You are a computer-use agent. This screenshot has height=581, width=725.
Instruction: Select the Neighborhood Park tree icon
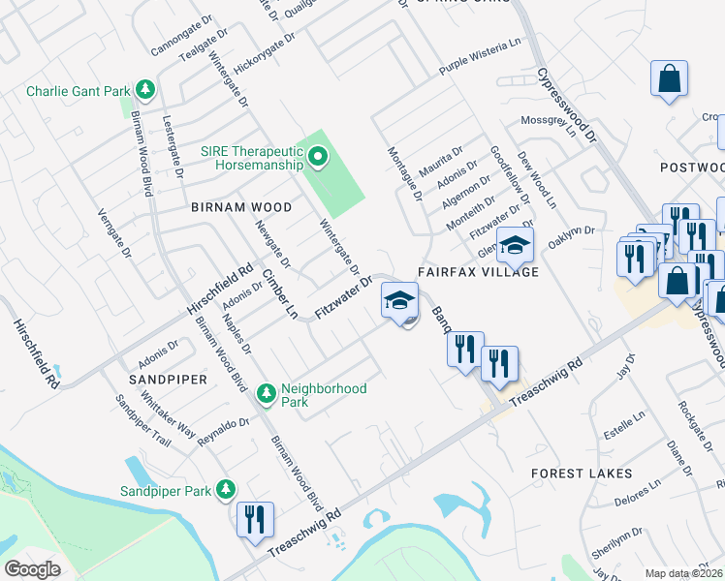coord(266,394)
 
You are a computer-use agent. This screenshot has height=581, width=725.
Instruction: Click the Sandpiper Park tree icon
coord(226,490)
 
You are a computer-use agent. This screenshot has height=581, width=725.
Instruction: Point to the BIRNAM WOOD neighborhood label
coord(241,207)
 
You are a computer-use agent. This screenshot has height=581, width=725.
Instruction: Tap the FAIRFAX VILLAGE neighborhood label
coord(478,272)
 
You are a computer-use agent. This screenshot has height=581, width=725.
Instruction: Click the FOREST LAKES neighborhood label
coord(582,474)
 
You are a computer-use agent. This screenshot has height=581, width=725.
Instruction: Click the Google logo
coord(33,568)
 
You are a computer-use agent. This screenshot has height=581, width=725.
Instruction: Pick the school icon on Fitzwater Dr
coord(399,297)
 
